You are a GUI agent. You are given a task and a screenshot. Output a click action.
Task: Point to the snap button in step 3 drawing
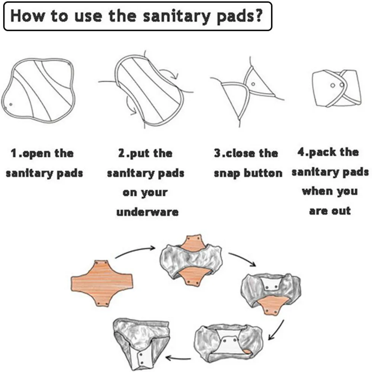(x=253, y=84)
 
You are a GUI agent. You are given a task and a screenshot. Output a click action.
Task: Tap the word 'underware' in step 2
(x=147, y=212)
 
